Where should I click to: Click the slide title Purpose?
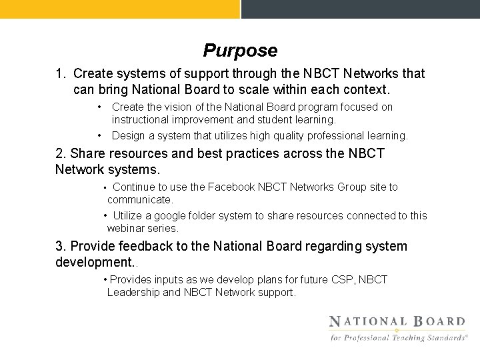(240, 51)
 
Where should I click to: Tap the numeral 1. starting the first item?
(61, 73)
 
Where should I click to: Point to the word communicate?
(139, 199)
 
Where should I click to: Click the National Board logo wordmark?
(397, 321)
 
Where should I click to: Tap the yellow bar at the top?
(119, 9)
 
